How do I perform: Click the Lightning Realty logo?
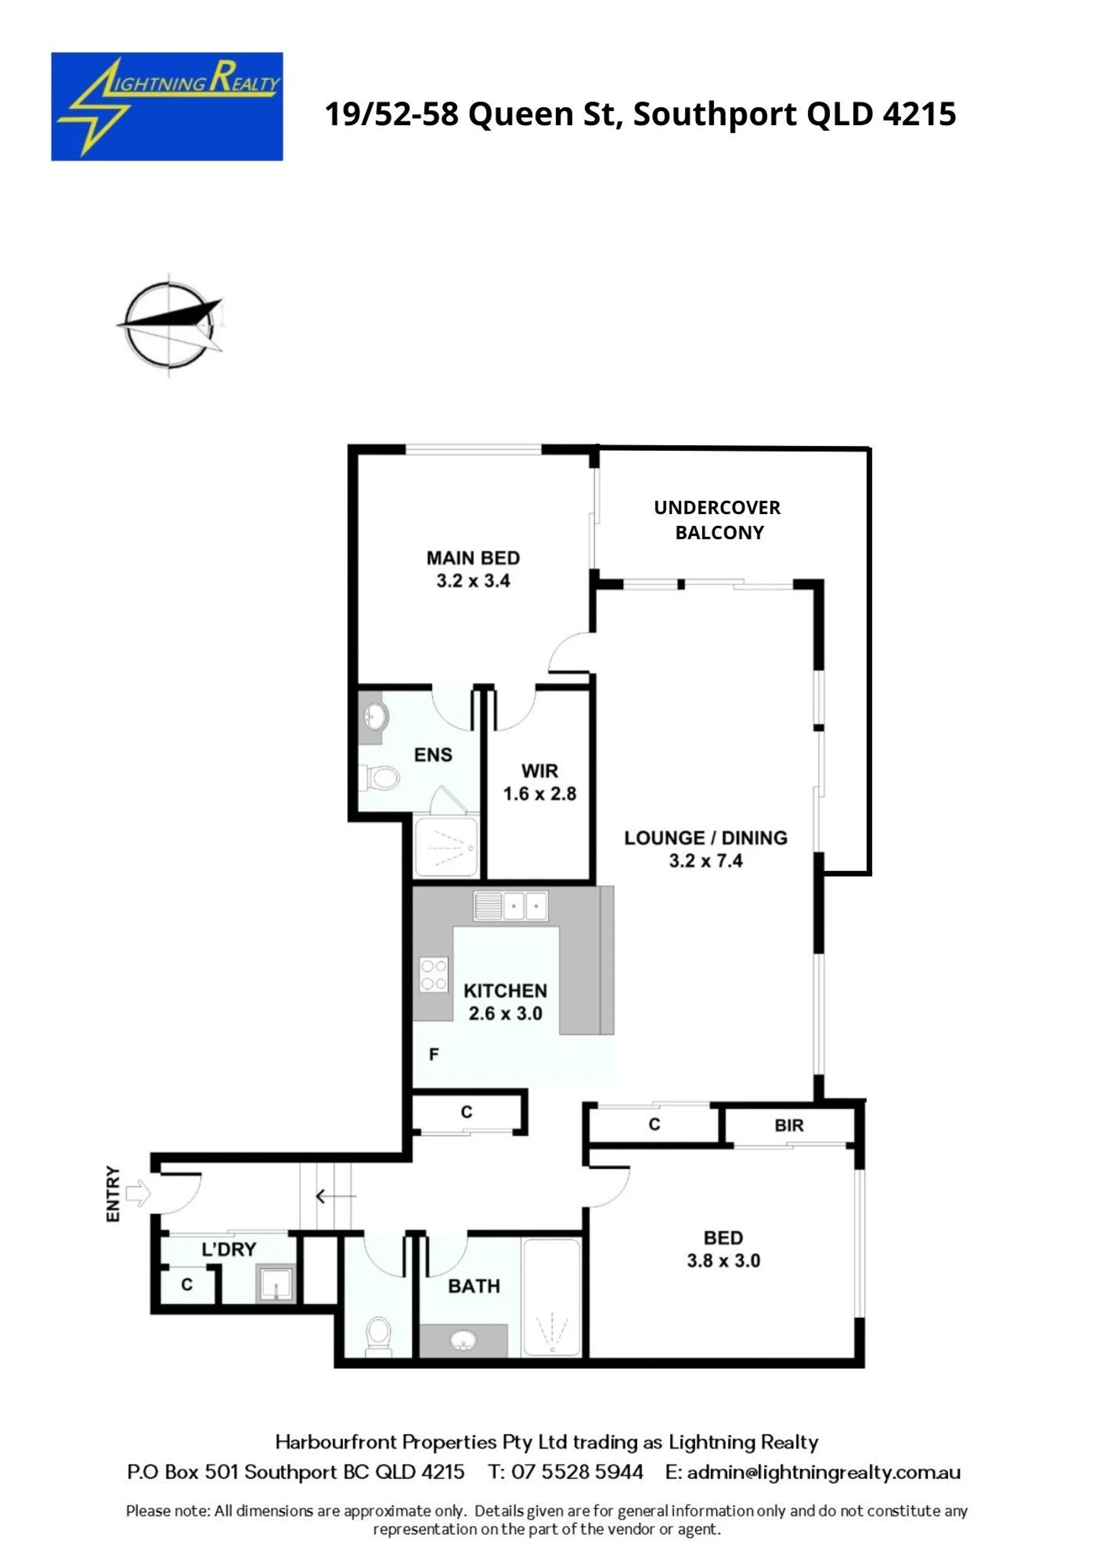[x=167, y=106]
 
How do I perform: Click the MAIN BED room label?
[x=473, y=558]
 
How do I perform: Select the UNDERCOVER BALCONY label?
[x=718, y=519]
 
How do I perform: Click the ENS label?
[x=433, y=755]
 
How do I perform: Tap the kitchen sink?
[x=511, y=907]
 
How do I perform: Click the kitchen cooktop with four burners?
[x=434, y=975]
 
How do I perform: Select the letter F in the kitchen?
[x=434, y=1054]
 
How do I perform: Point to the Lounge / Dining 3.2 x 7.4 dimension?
[x=706, y=861]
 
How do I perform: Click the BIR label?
[x=789, y=1125]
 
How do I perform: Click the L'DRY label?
[x=229, y=1250]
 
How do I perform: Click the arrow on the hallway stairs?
[x=336, y=1196]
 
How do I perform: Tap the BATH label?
[x=474, y=1286]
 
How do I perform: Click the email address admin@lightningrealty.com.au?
[x=824, y=1472]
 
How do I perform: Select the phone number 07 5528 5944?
[x=577, y=1472]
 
